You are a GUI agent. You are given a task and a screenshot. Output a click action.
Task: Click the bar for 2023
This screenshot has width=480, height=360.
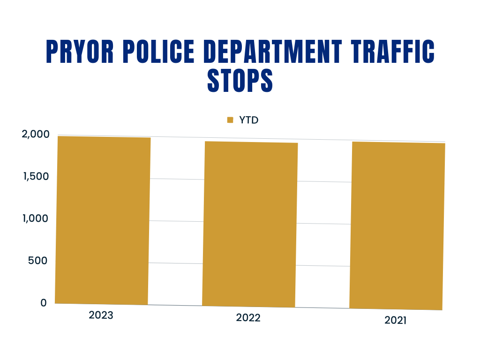[x=103, y=220]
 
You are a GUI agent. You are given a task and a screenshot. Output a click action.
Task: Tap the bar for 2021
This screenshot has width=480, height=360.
[x=397, y=225]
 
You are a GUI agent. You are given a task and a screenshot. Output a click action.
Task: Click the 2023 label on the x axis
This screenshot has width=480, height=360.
[x=101, y=315]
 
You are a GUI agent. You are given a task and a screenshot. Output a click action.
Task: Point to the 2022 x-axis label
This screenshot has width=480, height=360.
[x=248, y=318]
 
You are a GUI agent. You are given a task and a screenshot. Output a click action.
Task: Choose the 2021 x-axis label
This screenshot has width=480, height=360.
[x=396, y=321]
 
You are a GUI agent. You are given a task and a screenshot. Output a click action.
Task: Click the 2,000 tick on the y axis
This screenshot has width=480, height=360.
[x=36, y=135]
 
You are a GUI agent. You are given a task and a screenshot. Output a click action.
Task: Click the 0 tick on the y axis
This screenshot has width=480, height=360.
[x=43, y=303]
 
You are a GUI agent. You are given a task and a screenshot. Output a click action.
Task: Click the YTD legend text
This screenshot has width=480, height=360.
[x=249, y=120]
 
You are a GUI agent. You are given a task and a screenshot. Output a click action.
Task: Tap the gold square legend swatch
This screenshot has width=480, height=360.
[x=230, y=120]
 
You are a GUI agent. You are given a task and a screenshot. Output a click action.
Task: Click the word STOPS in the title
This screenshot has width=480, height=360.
[x=240, y=80]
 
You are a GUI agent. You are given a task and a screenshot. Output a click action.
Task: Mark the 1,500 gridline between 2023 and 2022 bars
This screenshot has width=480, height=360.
[x=177, y=180]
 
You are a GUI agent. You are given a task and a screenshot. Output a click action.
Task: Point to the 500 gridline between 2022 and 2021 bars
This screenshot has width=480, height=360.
[x=323, y=265]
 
